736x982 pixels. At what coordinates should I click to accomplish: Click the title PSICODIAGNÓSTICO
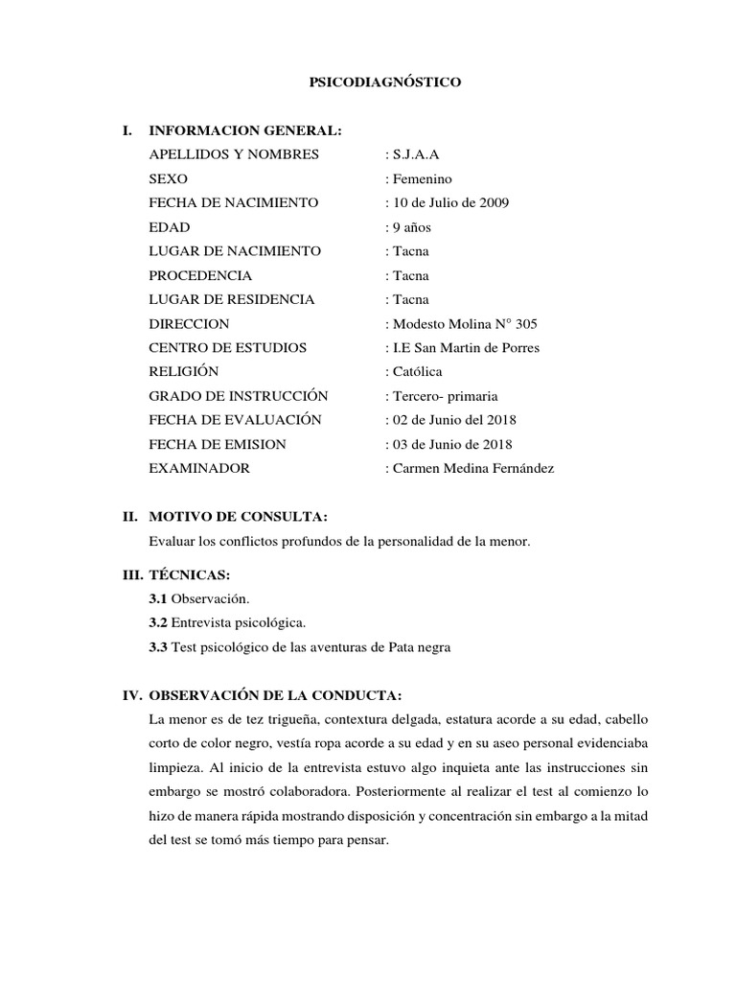tap(384, 83)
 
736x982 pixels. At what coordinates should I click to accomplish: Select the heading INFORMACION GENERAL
tap(244, 130)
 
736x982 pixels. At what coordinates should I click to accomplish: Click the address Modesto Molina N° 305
tap(468, 323)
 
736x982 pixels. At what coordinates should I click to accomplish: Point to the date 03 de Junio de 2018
tap(448, 444)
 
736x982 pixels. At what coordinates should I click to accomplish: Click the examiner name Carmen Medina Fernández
tap(469, 469)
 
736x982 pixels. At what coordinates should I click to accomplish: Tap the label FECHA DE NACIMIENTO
tap(234, 203)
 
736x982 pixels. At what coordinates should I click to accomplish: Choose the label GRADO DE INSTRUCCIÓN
tap(239, 396)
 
